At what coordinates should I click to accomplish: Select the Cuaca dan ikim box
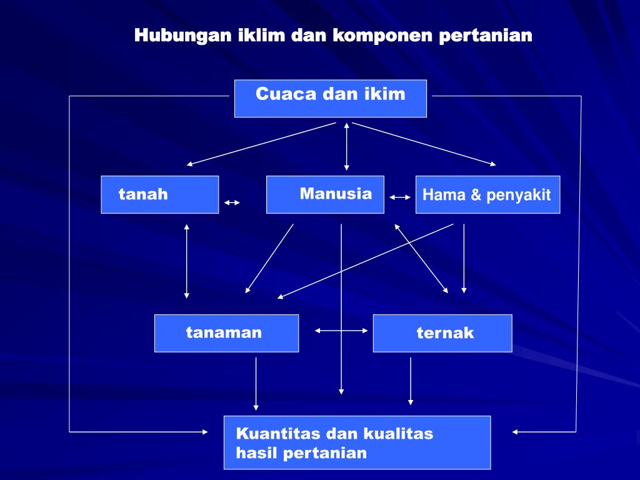click(330, 98)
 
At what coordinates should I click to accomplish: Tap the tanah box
click(159, 194)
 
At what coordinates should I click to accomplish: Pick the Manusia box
click(325, 194)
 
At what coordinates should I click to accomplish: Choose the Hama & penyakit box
click(487, 194)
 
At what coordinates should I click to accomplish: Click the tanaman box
click(226, 333)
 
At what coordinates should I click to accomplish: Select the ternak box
click(442, 333)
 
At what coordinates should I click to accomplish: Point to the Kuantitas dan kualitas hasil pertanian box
click(357, 442)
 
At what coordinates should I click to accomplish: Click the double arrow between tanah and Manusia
click(232, 202)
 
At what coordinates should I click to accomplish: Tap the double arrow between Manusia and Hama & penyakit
click(400, 197)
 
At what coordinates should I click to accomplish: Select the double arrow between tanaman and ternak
click(341, 330)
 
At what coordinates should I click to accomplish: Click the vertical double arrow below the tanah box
click(186, 261)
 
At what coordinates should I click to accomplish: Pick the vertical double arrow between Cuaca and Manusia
click(346, 147)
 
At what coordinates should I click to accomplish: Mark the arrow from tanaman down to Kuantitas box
click(256, 384)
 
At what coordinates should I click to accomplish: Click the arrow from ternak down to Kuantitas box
click(411, 381)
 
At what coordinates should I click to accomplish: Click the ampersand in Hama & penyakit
click(476, 195)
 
